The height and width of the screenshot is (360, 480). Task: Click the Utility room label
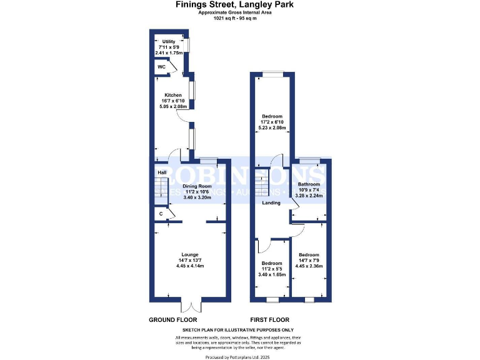pos(169,41)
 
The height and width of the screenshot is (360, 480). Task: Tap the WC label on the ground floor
pos(161,67)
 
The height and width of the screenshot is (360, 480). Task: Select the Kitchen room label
pos(173,95)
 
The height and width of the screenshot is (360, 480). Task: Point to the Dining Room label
pos(197,186)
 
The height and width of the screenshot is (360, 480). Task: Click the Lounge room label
pos(189,254)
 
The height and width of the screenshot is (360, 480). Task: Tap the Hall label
pos(161,172)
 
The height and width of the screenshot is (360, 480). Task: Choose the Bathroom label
pos(308,184)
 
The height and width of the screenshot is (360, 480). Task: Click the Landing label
pos(271,202)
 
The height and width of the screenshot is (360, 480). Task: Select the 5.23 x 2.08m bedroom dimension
pos(272,128)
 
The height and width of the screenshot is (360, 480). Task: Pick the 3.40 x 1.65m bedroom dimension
pos(272,274)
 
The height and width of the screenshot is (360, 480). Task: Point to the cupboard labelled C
pos(161,214)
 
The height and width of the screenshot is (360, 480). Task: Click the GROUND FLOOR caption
pos(169,319)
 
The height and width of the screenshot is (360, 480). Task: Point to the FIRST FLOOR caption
pos(269,319)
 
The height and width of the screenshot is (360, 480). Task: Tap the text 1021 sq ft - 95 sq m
pos(235,18)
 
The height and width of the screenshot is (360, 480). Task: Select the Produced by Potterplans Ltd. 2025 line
pos(237,356)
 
